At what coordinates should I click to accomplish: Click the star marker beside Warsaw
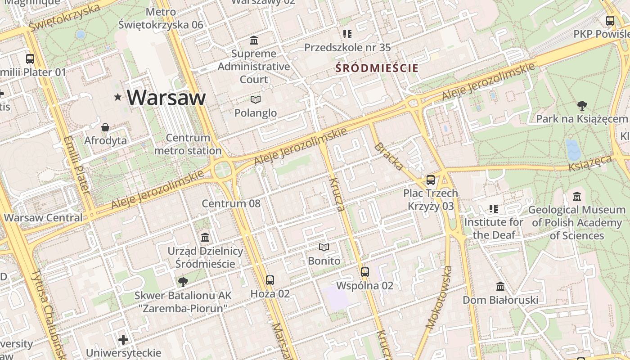pyautogui.click(x=118, y=97)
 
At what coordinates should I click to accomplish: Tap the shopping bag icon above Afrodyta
pyautogui.click(x=105, y=128)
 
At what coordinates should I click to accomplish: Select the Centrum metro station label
pyautogui.click(x=188, y=144)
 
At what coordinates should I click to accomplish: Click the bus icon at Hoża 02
pyautogui.click(x=270, y=280)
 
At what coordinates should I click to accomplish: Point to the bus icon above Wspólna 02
pyautogui.click(x=365, y=272)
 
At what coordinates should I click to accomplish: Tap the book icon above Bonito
pyautogui.click(x=324, y=247)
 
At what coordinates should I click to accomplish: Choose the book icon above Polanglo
pyautogui.click(x=256, y=99)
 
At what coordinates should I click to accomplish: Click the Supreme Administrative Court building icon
pyautogui.click(x=254, y=40)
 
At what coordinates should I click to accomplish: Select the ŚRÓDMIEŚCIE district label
pyautogui.click(x=377, y=68)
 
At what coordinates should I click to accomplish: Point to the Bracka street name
pyautogui.click(x=388, y=156)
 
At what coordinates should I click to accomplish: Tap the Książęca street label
pyautogui.click(x=590, y=163)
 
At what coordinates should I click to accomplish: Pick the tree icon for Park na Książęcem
pyautogui.click(x=582, y=106)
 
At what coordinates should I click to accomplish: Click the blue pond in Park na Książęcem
pyautogui.click(x=573, y=150)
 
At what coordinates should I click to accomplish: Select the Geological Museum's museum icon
pyautogui.click(x=577, y=197)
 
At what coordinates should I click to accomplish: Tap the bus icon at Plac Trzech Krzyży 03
pyautogui.click(x=431, y=180)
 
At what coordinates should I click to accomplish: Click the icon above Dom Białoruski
pyautogui.click(x=500, y=287)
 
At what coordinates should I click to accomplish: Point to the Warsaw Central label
pyautogui.click(x=43, y=218)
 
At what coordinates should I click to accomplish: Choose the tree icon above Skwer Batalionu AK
pyautogui.click(x=183, y=282)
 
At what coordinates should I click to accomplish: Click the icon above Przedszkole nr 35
pyautogui.click(x=347, y=34)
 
